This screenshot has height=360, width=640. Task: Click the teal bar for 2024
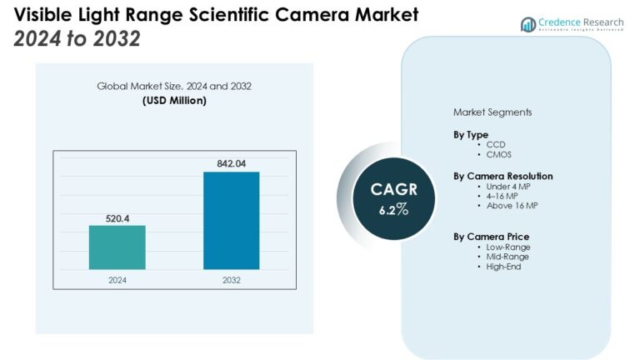point(117,247)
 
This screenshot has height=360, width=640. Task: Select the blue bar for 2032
point(231,221)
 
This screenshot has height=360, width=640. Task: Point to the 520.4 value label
point(117,217)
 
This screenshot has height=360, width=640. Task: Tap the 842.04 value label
point(231,163)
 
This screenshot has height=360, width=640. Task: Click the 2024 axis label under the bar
point(117,280)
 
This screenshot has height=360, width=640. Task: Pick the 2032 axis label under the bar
point(231,280)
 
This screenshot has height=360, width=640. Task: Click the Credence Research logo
point(573,24)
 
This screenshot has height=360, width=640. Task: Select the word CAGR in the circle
point(394,190)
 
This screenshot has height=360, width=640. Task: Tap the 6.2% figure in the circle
point(394,210)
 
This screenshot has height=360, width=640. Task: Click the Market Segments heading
point(492,112)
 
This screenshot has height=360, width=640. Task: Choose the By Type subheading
point(471,134)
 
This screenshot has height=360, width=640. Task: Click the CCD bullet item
point(496,144)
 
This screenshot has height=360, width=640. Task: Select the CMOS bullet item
point(499,154)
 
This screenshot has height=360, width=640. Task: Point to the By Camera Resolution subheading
point(502,176)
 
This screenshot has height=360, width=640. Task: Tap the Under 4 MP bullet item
point(509,186)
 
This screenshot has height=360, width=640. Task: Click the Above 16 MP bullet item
point(512,206)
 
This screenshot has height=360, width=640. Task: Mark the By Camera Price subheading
point(491,237)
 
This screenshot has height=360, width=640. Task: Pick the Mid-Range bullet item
point(507,257)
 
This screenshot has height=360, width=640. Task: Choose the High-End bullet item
point(504,267)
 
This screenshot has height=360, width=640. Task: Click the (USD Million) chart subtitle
point(174,101)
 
